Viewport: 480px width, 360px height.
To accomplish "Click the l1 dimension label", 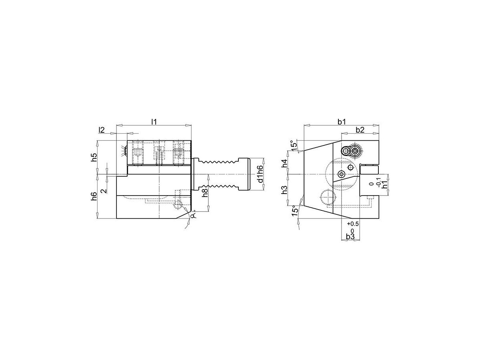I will click(153, 121).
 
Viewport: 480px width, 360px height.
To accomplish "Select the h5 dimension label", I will click(94, 157).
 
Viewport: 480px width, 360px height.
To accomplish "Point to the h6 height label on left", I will click(94, 196).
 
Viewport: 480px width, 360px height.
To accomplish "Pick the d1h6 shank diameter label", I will click(260, 174).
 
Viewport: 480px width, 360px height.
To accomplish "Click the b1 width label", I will click(341, 122).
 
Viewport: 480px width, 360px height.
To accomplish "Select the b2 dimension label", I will click(360, 130).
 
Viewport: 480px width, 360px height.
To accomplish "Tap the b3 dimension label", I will click(350, 237).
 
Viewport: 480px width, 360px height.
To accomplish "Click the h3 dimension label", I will click(284, 190).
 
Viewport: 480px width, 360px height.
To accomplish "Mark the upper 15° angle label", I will click(294, 146).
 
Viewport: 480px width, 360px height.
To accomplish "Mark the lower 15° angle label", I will click(295, 211).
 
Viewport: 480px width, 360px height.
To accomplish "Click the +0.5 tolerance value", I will click(353, 224).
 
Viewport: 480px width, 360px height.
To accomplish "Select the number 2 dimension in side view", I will click(104, 191).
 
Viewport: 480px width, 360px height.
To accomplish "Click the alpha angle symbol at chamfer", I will click(193, 216).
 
